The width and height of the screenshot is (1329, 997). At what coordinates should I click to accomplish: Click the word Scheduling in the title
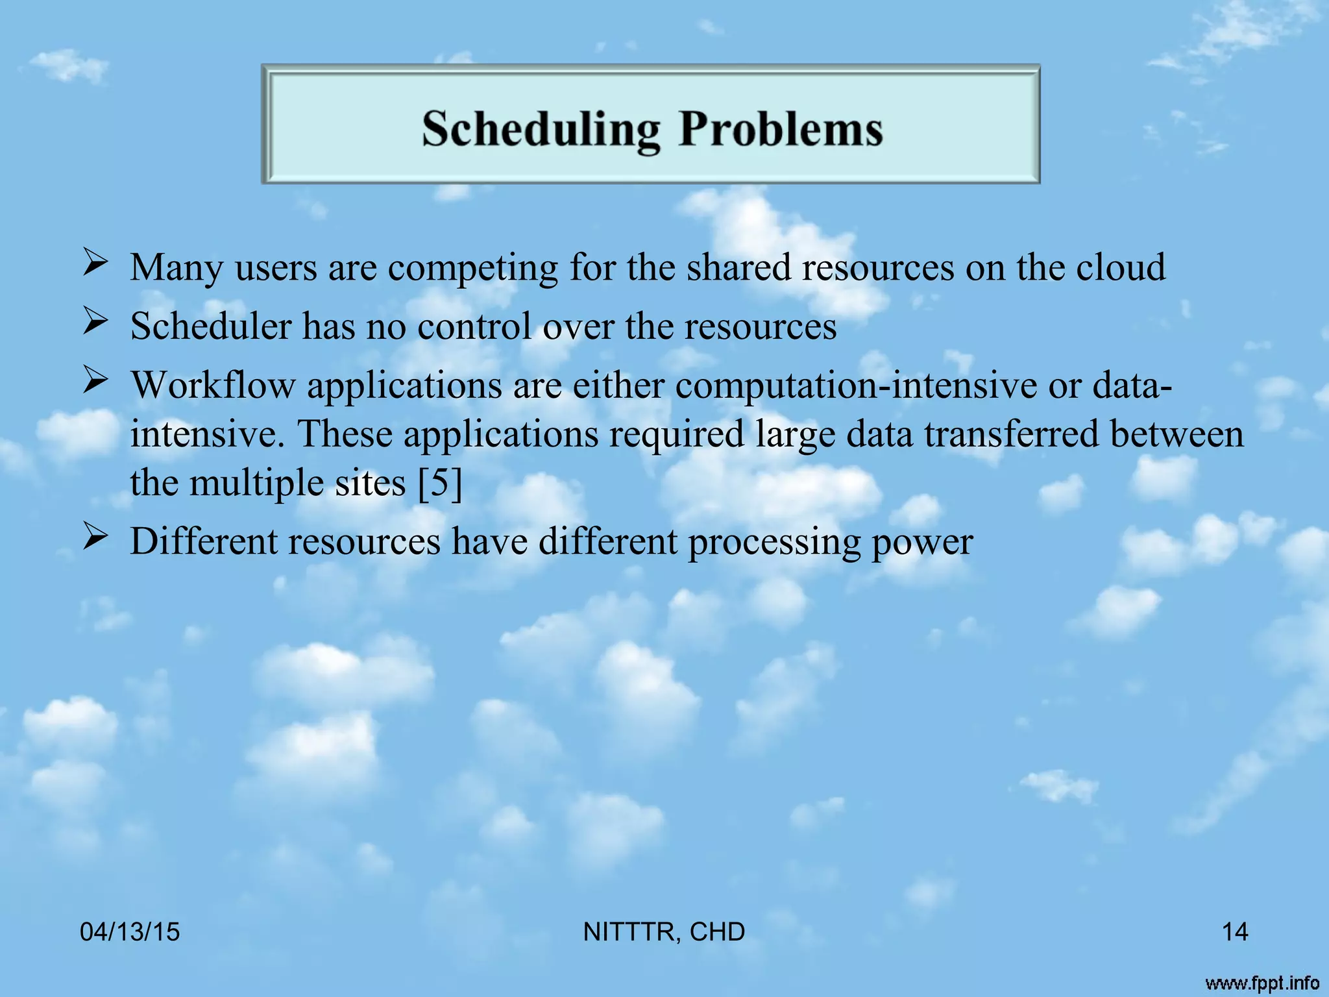coord(541,129)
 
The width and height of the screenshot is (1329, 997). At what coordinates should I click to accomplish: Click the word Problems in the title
coord(781,129)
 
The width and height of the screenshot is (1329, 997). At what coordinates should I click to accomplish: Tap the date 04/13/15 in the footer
coord(130,932)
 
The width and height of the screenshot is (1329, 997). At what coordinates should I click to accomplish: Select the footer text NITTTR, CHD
coord(664,932)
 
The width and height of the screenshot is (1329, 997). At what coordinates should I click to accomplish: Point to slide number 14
coord(1235,932)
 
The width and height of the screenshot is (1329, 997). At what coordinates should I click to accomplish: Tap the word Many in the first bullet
coord(176,267)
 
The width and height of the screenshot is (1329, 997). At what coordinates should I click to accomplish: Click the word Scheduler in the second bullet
coord(211,326)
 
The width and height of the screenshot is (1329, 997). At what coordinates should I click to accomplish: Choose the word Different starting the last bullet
coord(204,541)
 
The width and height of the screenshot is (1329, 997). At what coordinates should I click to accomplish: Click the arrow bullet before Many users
coord(95,264)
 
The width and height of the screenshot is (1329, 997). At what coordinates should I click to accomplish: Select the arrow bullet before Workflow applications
coord(95,382)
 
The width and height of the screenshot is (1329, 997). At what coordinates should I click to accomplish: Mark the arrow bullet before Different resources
coord(95,539)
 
